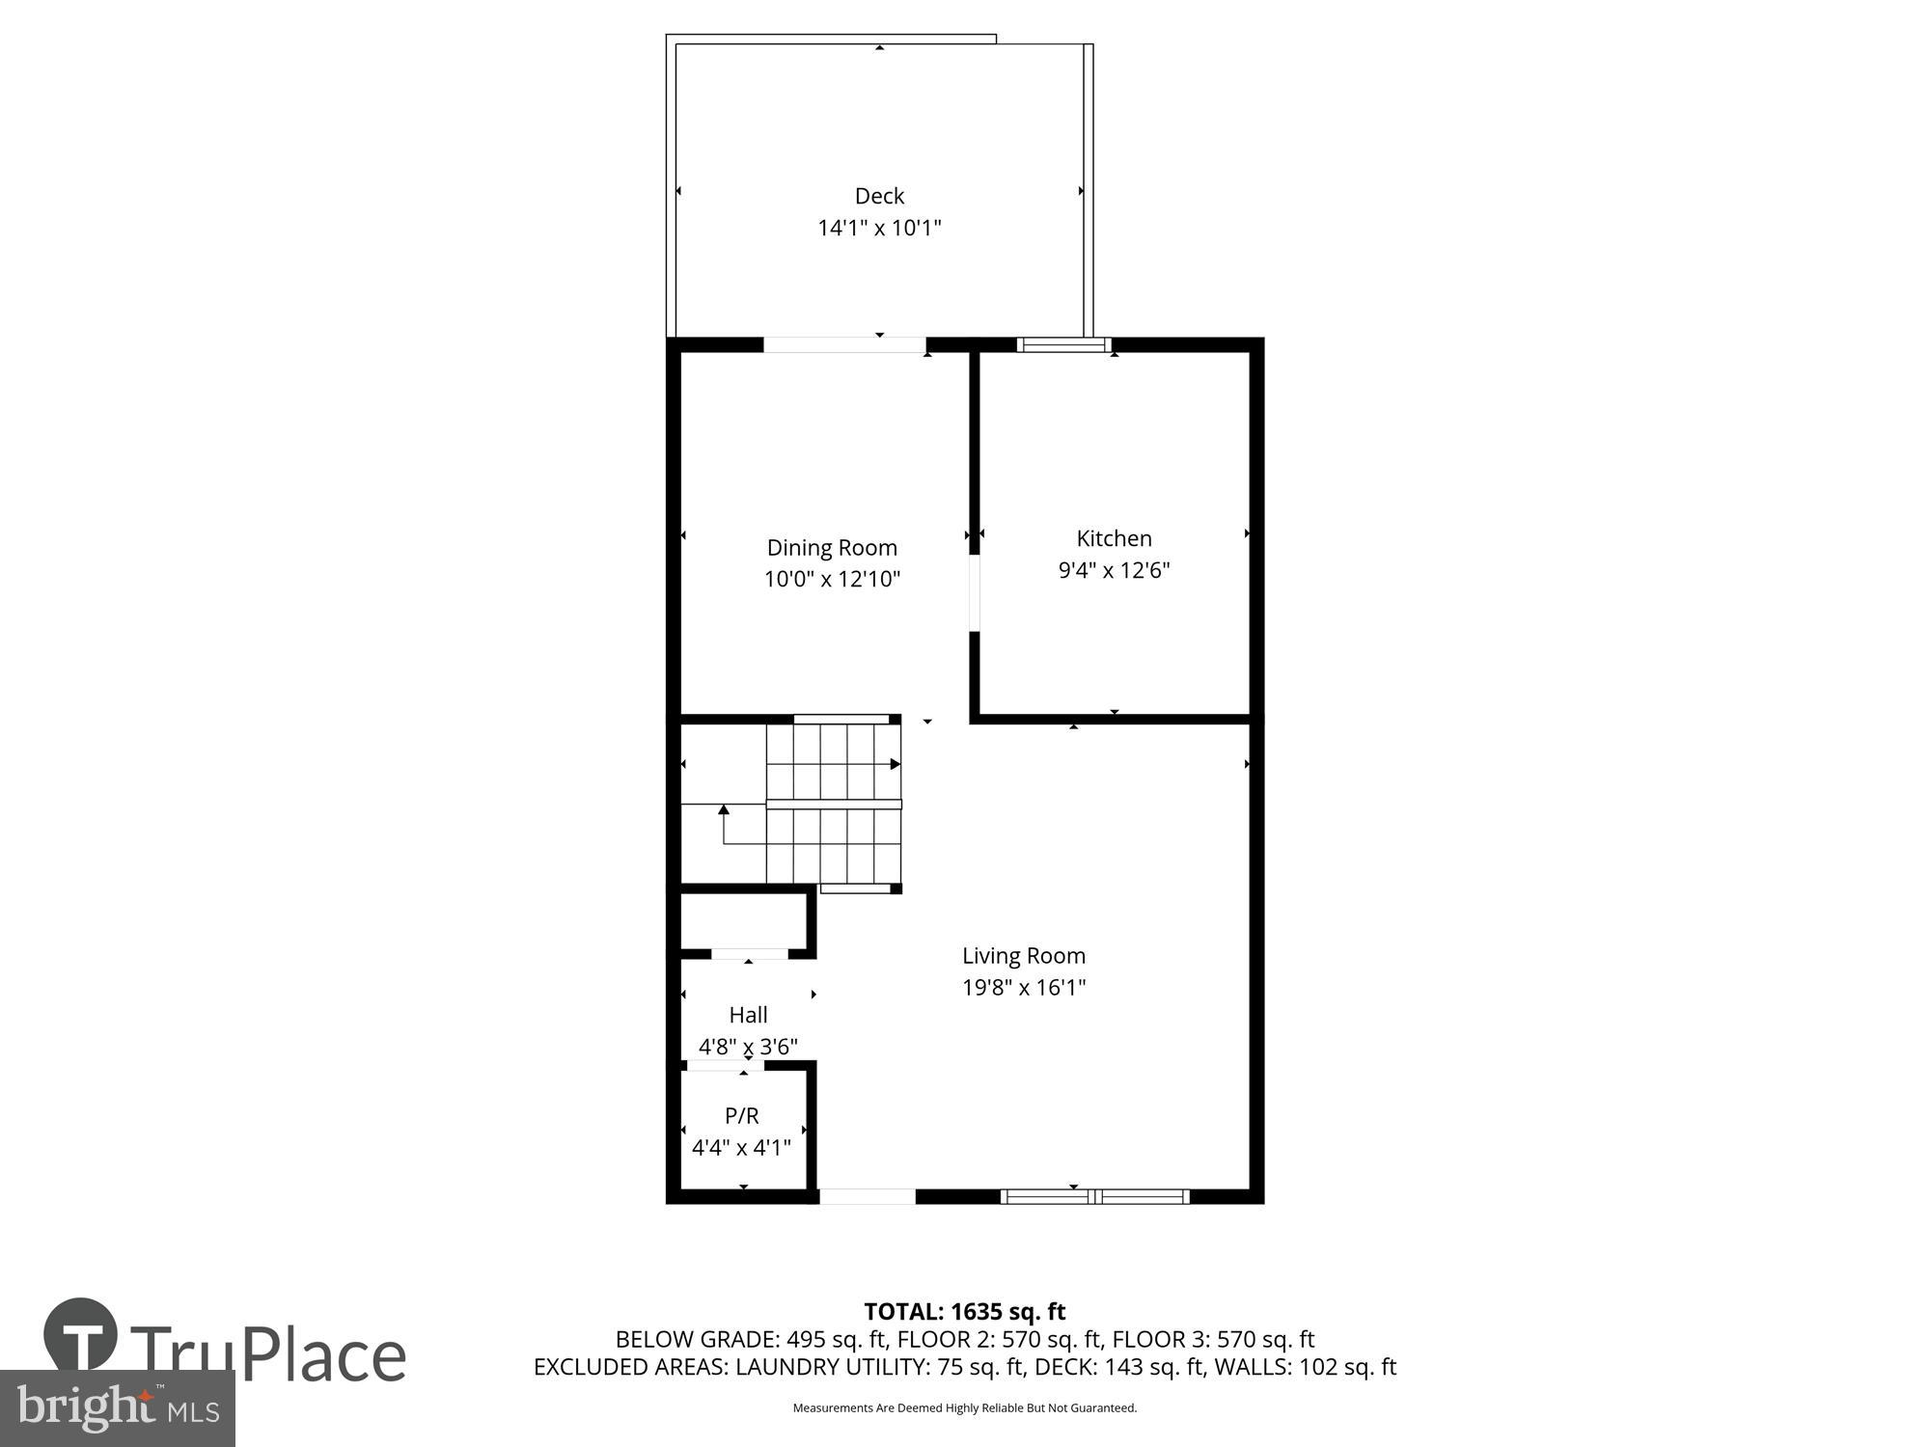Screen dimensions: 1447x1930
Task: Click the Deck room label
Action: click(x=879, y=196)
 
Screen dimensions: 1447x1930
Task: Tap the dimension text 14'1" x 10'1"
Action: click(x=879, y=229)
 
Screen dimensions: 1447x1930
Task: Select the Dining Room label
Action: click(x=832, y=548)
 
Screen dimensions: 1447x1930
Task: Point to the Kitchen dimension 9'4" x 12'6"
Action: click(x=1114, y=570)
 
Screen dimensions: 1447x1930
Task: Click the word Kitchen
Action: click(x=1114, y=538)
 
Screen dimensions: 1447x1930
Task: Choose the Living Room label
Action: click(x=1023, y=956)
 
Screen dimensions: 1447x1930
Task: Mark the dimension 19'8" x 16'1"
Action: click(x=1023, y=988)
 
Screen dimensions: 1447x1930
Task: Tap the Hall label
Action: click(x=748, y=1015)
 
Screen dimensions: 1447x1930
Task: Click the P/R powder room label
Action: click(x=741, y=1116)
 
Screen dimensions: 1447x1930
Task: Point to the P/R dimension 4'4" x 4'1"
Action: click(x=741, y=1148)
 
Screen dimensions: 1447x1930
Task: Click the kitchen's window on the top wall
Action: click(x=1063, y=344)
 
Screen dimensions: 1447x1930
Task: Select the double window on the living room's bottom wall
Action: click(x=1094, y=1196)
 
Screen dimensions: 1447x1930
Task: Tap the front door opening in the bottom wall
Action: click(x=867, y=1196)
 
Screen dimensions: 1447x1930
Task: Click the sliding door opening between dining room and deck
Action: click(x=844, y=344)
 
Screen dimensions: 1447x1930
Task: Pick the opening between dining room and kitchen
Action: click(x=975, y=592)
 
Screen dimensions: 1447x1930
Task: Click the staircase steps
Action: click(x=834, y=803)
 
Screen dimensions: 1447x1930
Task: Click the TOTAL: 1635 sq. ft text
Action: click(x=964, y=1312)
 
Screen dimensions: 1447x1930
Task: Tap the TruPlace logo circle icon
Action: click(x=81, y=1336)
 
